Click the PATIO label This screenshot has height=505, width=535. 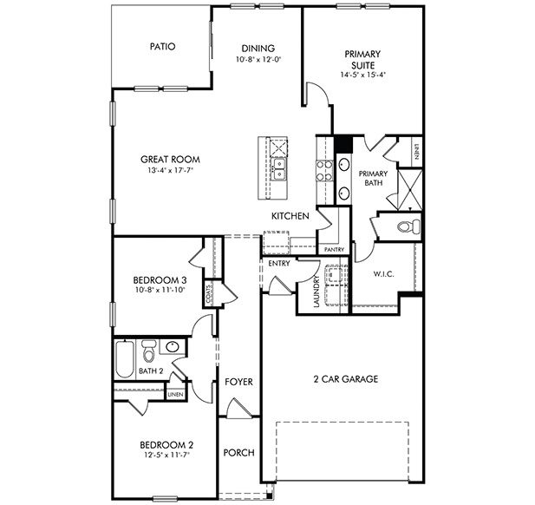[x=162, y=47]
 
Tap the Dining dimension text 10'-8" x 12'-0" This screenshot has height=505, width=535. [x=258, y=60]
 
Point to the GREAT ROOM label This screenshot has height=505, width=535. [x=171, y=160]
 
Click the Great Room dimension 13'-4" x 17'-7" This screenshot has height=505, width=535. [x=171, y=171]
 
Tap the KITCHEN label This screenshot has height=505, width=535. [x=290, y=216]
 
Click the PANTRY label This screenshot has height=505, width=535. [x=334, y=250]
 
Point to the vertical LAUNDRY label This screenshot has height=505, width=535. [x=317, y=292]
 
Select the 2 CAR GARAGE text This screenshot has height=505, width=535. [x=345, y=379]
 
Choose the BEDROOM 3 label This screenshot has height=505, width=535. [x=156, y=279]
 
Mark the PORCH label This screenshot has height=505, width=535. [x=238, y=453]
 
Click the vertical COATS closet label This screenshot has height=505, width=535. [x=209, y=296]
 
